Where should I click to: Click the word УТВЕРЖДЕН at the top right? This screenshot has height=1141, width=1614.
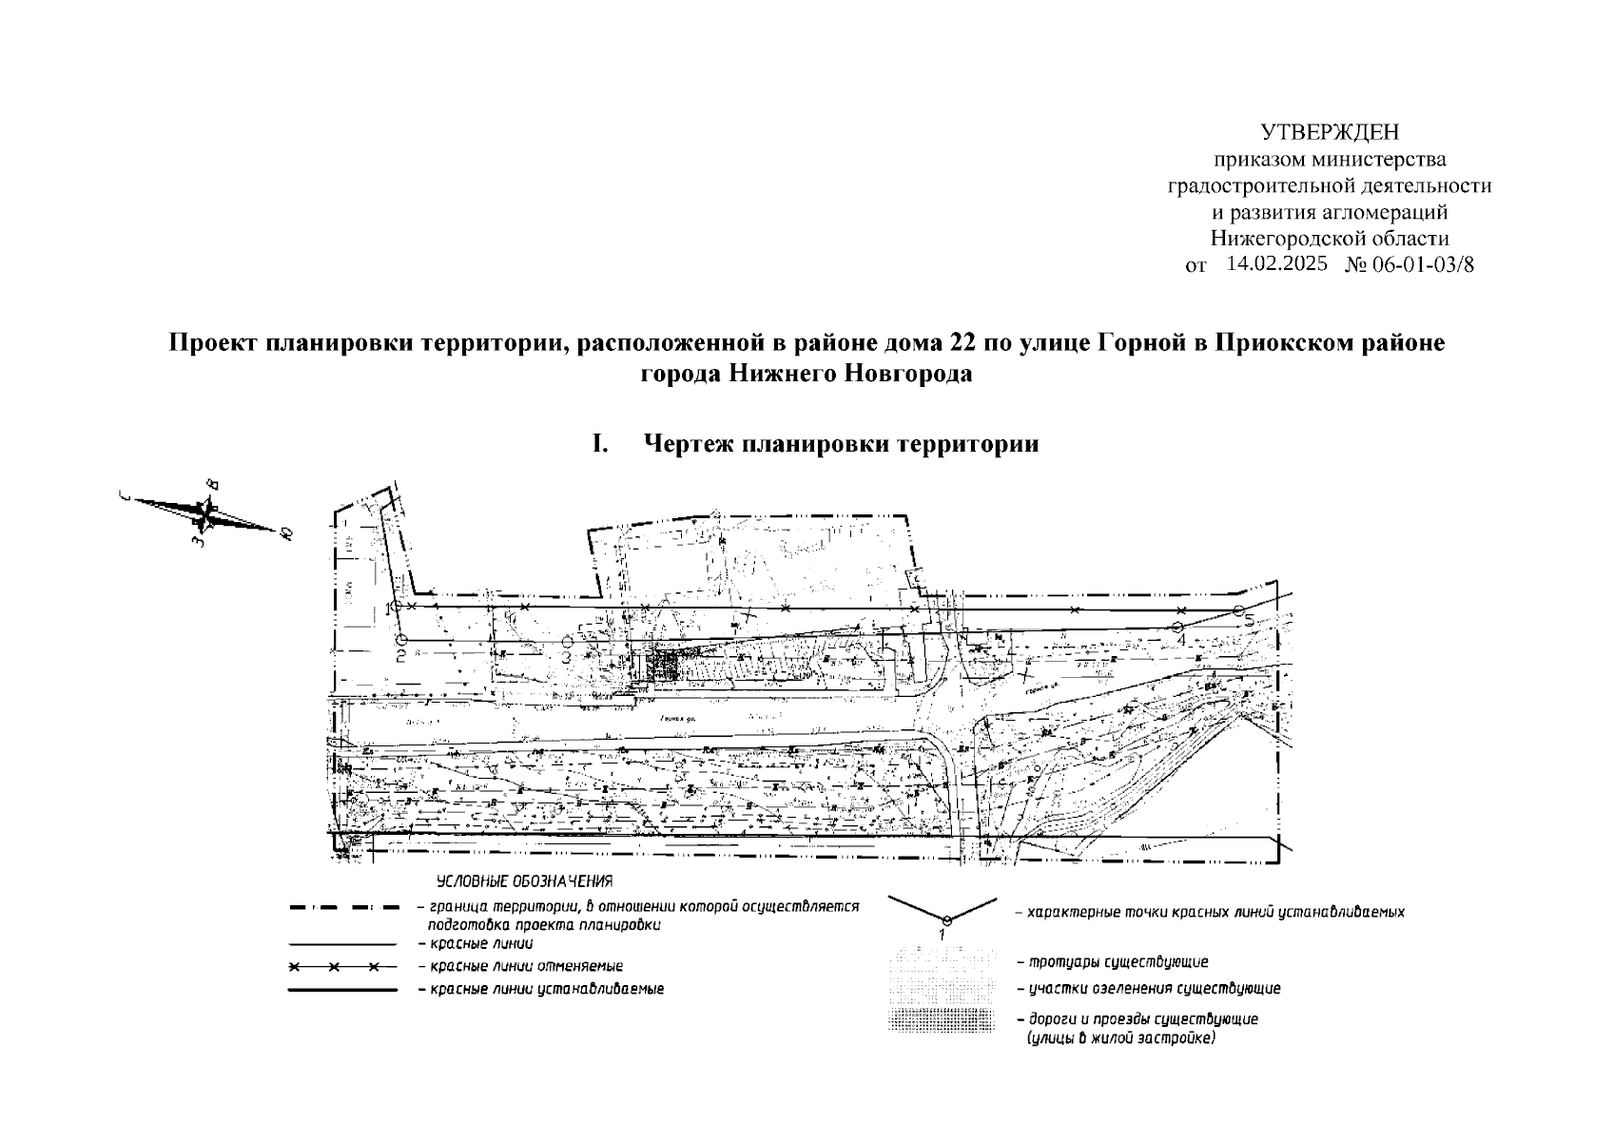point(1330,132)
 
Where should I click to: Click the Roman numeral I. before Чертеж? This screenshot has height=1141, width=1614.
point(599,444)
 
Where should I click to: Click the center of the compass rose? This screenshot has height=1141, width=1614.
point(206,513)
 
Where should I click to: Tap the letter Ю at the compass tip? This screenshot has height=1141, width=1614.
point(285,533)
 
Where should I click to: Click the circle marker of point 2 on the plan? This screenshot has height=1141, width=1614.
point(401,640)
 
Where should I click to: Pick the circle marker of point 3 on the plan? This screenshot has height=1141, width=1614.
point(568,641)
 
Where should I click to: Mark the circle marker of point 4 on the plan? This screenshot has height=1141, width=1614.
point(1177,626)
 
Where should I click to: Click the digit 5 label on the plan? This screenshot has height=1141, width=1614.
point(1250,621)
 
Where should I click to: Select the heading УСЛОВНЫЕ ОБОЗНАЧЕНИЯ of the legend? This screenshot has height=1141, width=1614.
point(524,881)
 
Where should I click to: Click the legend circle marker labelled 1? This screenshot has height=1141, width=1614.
point(946,919)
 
